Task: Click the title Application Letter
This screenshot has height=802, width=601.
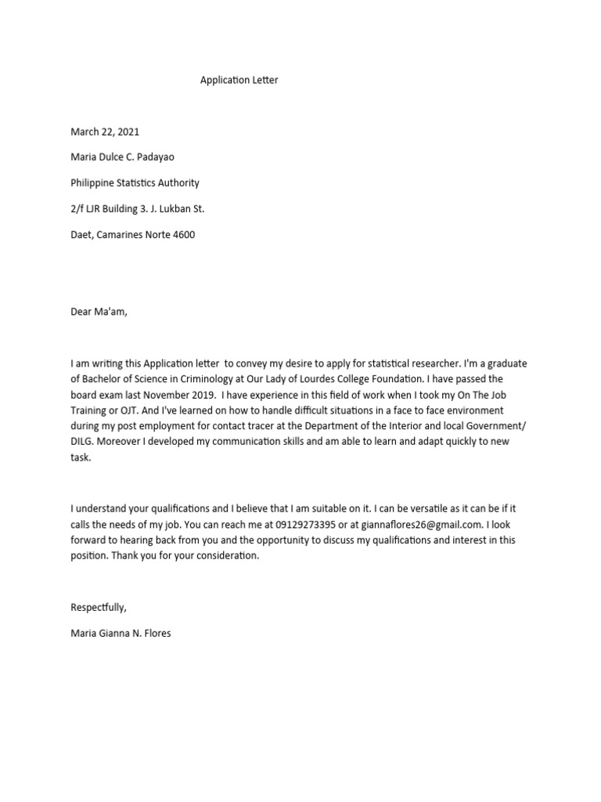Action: pos(239,80)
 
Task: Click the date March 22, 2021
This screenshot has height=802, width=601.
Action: pos(105,132)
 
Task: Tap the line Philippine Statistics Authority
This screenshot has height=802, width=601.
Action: pos(135,183)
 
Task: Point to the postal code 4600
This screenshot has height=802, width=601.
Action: pos(183,235)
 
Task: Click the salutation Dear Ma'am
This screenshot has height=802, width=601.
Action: pos(98,312)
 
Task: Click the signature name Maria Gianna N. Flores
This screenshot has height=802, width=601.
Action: pos(121,633)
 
